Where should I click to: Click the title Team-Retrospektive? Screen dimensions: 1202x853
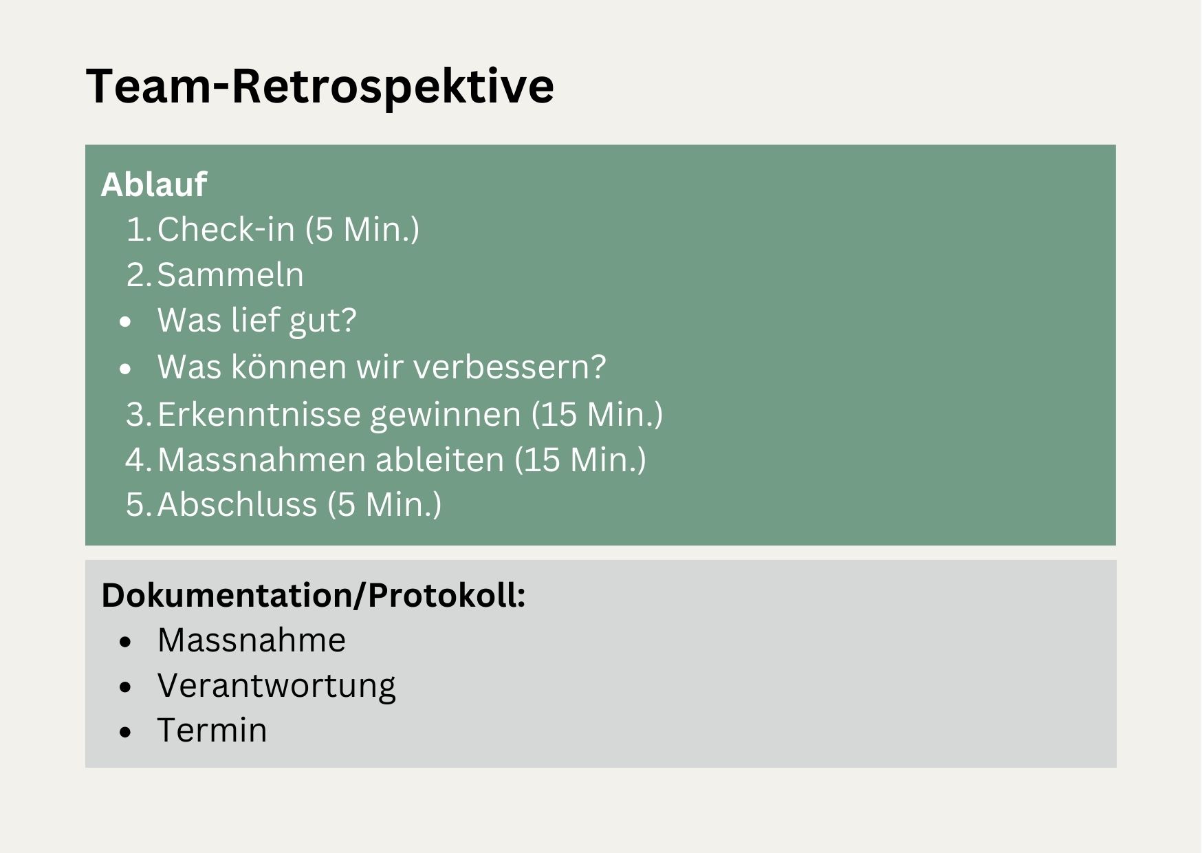(x=320, y=86)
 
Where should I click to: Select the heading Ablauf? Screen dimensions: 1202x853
(x=153, y=184)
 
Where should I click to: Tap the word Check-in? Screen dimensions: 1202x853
(x=226, y=228)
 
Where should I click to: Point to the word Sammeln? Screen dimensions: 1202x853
(x=230, y=275)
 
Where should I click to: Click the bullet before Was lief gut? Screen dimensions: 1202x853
(x=124, y=322)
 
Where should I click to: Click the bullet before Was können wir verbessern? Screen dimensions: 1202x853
(x=124, y=369)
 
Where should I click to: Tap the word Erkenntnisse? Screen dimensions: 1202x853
(x=261, y=414)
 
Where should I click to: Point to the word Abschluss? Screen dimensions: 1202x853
(x=237, y=504)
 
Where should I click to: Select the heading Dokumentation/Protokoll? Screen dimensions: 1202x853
(x=314, y=596)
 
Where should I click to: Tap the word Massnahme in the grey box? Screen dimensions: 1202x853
(x=252, y=640)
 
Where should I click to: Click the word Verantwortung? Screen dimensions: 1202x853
(x=276, y=687)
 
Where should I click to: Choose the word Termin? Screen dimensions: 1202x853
(x=212, y=731)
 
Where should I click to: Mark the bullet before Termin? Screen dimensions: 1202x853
(x=124, y=733)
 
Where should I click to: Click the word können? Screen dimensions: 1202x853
(x=289, y=367)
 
